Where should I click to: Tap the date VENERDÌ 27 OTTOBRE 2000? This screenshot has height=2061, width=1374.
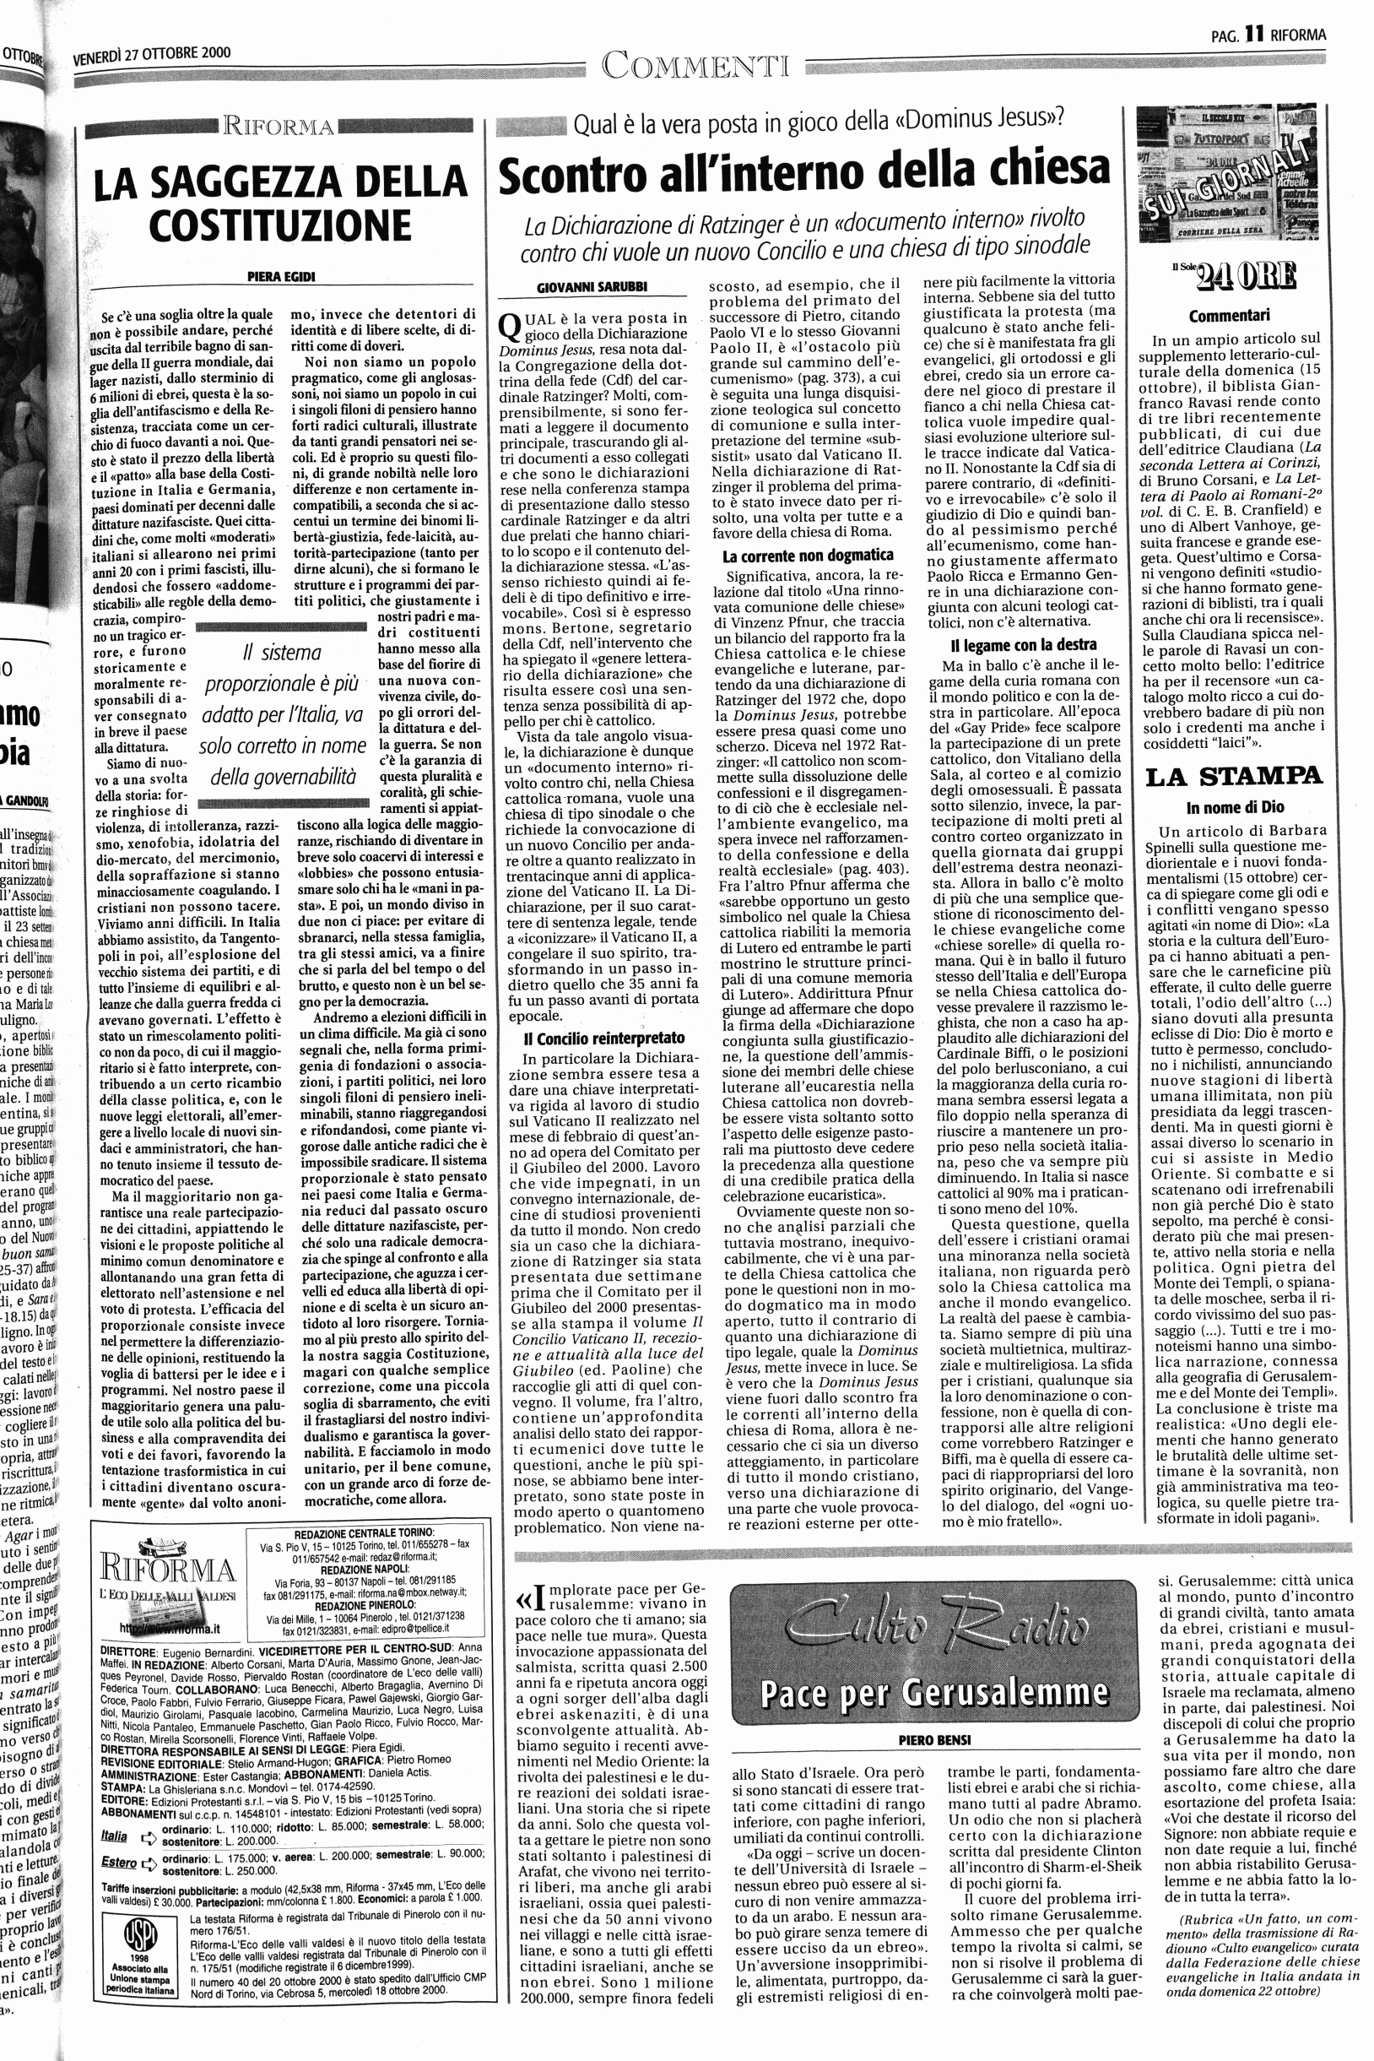pyautogui.click(x=152, y=55)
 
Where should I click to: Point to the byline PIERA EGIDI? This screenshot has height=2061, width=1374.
pyautogui.click(x=280, y=277)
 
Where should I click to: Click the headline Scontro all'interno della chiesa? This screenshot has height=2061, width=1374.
pyautogui.click(x=803, y=172)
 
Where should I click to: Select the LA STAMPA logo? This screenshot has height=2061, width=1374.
pyautogui.click(x=1232, y=776)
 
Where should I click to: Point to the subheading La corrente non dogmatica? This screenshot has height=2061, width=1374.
pyautogui.click(x=807, y=555)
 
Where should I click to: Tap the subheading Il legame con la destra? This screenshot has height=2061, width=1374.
pyautogui.click(x=1023, y=644)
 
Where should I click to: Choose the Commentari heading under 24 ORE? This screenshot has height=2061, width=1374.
pyautogui.click(x=1230, y=316)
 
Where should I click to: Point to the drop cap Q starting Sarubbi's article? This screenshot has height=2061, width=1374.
pyautogui.click(x=510, y=326)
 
